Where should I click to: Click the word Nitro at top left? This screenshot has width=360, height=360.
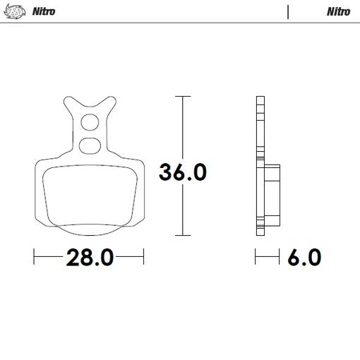pos(44,11)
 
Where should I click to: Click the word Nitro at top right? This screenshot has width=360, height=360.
pos(338,11)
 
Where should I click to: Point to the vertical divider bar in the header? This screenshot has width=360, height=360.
pos(288,11)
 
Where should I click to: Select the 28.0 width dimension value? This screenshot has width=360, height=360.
pos(90,257)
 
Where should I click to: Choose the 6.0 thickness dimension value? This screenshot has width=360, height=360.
pos(304,257)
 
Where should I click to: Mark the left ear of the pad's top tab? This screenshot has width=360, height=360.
pos(69,102)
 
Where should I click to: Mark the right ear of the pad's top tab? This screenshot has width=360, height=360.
pos(110,102)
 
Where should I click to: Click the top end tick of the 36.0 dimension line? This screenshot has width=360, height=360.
pos(183,96)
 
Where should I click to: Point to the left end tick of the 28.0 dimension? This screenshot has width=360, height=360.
pos(34,257)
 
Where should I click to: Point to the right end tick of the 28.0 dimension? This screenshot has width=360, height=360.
pos(144,257)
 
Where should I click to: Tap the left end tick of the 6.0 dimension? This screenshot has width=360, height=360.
pos(256,257)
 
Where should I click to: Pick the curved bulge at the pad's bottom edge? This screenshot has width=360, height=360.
pos(90,232)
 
